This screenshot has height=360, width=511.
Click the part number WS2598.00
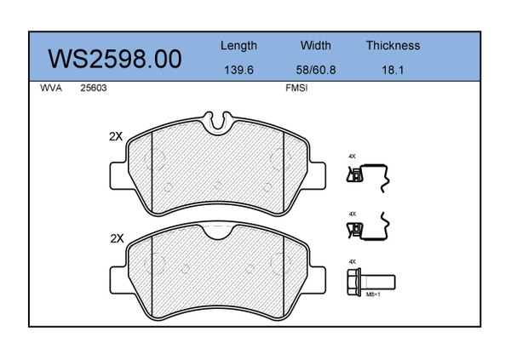(115, 59)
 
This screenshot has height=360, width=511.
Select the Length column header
(238, 46)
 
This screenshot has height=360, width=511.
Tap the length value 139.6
(238, 70)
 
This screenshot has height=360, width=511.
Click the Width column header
(315, 45)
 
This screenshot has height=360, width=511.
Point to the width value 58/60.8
(315, 70)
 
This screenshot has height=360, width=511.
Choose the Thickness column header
(393, 45)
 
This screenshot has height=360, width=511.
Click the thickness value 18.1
(393, 70)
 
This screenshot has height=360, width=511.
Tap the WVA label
(51, 88)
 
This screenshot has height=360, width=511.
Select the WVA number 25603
(94, 88)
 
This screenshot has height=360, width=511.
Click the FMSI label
(296, 88)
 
